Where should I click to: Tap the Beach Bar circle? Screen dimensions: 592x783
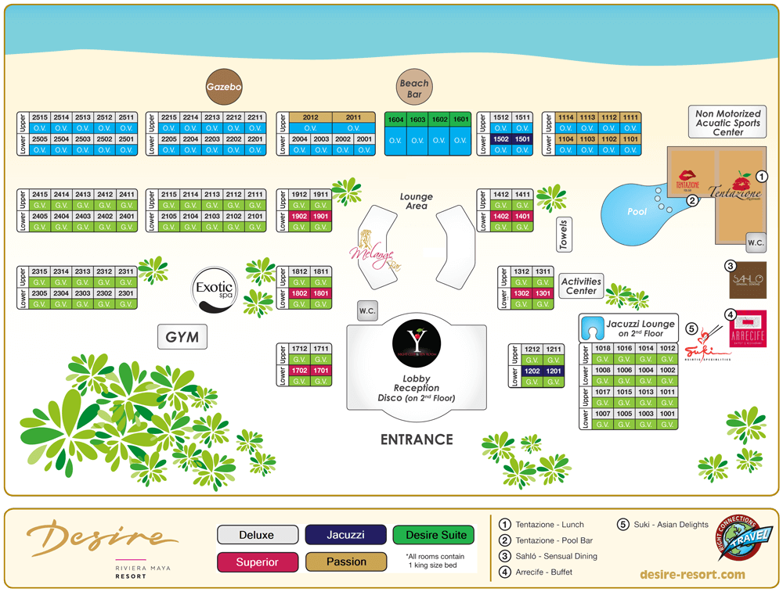(414, 88)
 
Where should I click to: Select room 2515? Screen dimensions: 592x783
(41, 117)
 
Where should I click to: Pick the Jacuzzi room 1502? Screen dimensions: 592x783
(502, 138)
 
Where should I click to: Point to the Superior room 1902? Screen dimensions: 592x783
(299, 216)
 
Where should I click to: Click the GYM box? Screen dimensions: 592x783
(182, 338)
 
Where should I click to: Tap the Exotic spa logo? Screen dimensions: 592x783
(215, 292)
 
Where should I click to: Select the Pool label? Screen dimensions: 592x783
(638, 212)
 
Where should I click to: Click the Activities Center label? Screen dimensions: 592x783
(581, 285)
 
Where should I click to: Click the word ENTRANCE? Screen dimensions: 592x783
(417, 440)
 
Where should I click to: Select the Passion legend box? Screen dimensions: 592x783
(346, 562)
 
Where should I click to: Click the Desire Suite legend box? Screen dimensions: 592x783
(434, 535)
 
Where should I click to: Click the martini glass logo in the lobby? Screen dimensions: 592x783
(417, 343)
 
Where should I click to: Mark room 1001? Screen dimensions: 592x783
(666, 414)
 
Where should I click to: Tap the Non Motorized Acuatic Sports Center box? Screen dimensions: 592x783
(727, 124)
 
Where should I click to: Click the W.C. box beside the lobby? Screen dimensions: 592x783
(367, 310)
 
